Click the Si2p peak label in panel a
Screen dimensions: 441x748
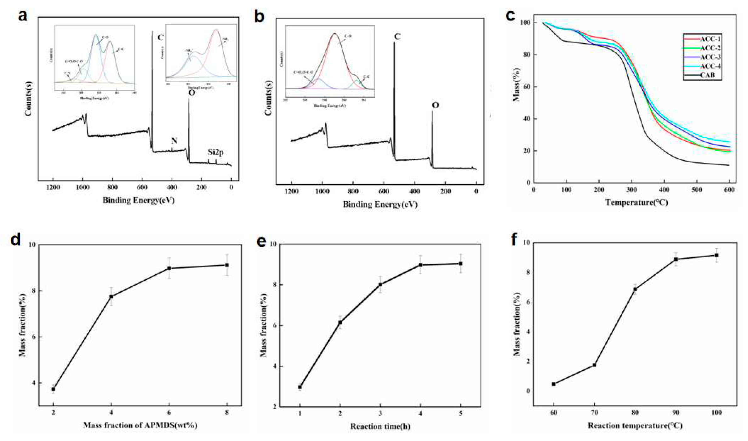pyautogui.click(x=215, y=152)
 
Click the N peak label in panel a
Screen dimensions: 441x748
pyautogui.click(x=174, y=141)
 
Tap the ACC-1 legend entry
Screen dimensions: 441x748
pyautogui.click(x=710, y=39)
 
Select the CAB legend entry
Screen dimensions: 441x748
pyautogui.click(x=707, y=75)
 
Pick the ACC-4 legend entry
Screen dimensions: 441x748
pyautogui.click(x=710, y=66)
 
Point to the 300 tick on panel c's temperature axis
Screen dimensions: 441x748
pyautogui.click(x=631, y=190)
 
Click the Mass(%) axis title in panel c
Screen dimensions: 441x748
pyautogui.click(x=517, y=84)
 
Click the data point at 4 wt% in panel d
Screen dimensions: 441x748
pyautogui.click(x=111, y=296)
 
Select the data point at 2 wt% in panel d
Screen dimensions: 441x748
pyautogui.click(x=53, y=389)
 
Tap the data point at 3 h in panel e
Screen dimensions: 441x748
pyautogui.click(x=380, y=284)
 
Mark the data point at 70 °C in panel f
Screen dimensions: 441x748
pyautogui.click(x=594, y=365)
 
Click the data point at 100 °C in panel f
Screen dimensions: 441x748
pyautogui.click(x=717, y=255)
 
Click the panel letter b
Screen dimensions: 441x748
pyautogui.click(x=259, y=16)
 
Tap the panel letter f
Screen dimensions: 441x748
pyautogui.click(x=514, y=240)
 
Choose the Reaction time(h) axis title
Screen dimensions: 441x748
pyautogui.click(x=380, y=427)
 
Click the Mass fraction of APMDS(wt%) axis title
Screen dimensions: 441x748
pyautogui.click(x=140, y=426)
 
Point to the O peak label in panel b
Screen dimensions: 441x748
pyautogui.click(x=435, y=105)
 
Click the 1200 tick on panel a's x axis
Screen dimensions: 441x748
pyautogui.click(x=53, y=187)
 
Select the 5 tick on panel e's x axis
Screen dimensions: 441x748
pyautogui.click(x=460, y=413)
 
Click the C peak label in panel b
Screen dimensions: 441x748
pyautogui.click(x=397, y=37)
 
